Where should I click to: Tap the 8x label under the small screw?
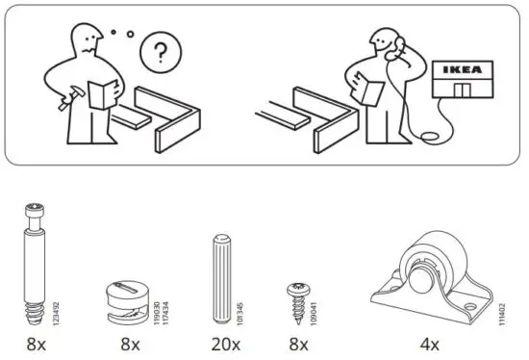[x=298, y=344]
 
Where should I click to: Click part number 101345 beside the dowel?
[x=237, y=306]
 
